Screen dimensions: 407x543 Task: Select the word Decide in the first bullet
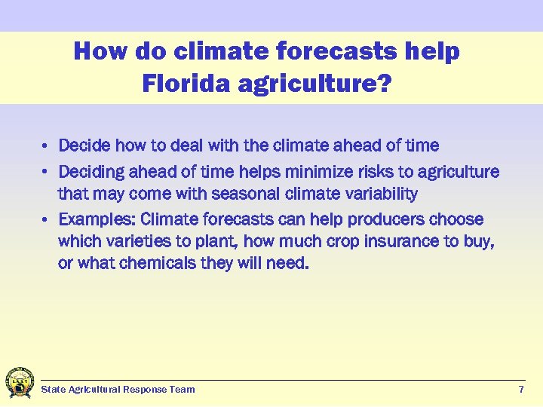point(84,145)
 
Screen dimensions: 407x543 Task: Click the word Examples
point(97,220)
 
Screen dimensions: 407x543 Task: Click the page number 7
point(521,390)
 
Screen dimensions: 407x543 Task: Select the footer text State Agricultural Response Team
point(118,390)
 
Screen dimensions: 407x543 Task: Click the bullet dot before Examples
point(46,220)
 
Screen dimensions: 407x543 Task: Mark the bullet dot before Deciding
point(46,172)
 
